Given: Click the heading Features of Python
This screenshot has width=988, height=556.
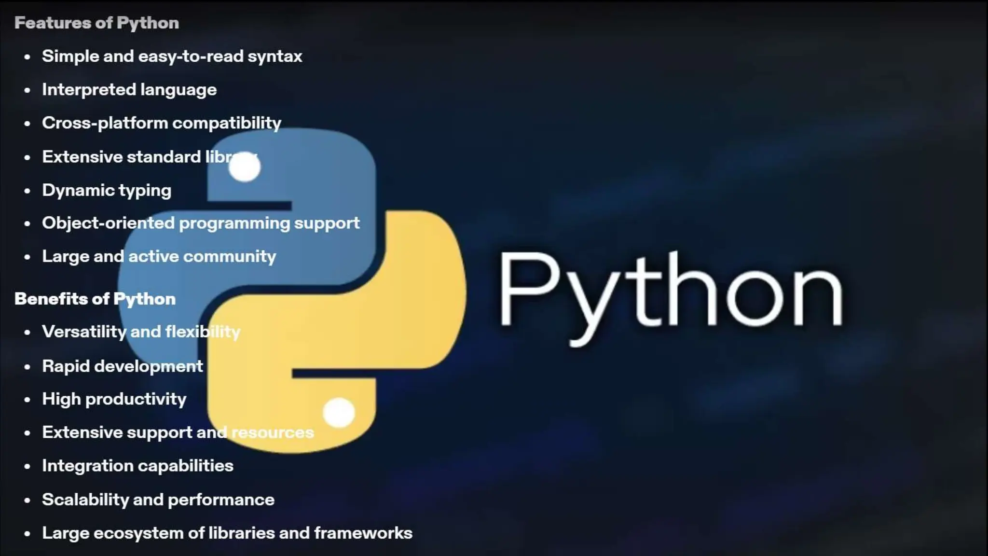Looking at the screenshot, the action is (x=96, y=23).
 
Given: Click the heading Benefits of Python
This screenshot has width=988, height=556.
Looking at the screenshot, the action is (x=95, y=299).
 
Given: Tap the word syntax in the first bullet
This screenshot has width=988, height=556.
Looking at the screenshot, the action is (x=275, y=56).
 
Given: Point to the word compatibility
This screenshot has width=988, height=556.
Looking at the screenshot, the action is (x=227, y=123).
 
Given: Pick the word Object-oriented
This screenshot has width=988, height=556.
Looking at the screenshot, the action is (x=108, y=223).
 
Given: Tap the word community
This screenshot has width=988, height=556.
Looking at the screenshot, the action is (x=230, y=256).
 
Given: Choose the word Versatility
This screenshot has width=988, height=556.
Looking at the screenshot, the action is (x=84, y=332).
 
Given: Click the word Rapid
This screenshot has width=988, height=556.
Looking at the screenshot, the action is (x=66, y=366).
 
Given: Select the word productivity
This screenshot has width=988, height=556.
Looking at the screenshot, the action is (x=136, y=399).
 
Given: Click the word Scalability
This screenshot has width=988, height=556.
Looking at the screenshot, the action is (x=85, y=500).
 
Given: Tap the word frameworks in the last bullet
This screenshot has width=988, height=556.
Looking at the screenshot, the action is (x=363, y=533).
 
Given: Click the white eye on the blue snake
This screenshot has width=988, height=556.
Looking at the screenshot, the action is (x=245, y=167).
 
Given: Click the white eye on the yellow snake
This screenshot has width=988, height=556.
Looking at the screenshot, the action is (x=339, y=413).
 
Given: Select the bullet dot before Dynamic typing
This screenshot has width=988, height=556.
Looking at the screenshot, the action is (x=27, y=191).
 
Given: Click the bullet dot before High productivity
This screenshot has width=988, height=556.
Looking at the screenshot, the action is (x=27, y=400).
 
